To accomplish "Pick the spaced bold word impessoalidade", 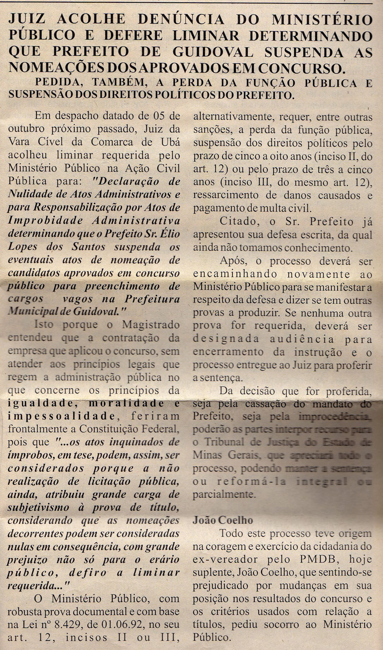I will tap(61, 417).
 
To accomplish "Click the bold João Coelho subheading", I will tap(223, 520).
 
